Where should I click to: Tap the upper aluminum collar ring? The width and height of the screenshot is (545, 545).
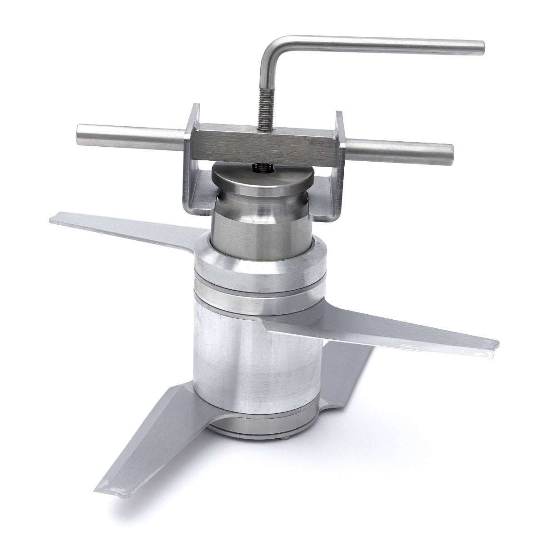point(259,268)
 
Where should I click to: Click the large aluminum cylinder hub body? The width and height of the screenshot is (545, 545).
point(254,354)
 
